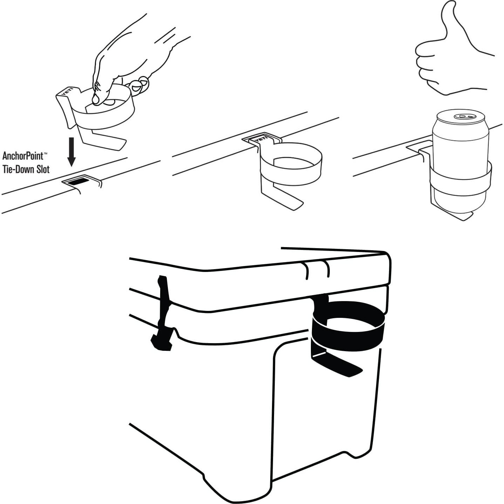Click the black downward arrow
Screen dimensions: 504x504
(71, 152)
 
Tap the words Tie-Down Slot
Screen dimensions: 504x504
(26, 169)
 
